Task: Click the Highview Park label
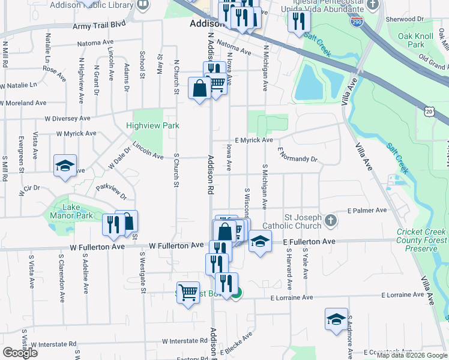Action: tap(152, 126)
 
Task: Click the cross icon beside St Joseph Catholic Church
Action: tap(330, 221)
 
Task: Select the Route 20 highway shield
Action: tap(428, 112)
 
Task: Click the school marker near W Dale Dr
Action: tap(65, 166)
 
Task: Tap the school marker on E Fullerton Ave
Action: tap(259, 241)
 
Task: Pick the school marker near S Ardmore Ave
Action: tap(336, 319)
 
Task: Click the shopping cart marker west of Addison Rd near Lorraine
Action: tap(188, 293)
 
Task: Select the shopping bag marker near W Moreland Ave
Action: tap(199, 89)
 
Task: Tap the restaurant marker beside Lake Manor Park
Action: tap(113, 225)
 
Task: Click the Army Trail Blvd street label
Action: tap(99, 25)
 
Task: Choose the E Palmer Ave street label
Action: tap(367, 211)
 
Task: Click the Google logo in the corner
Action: tap(20, 353)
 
